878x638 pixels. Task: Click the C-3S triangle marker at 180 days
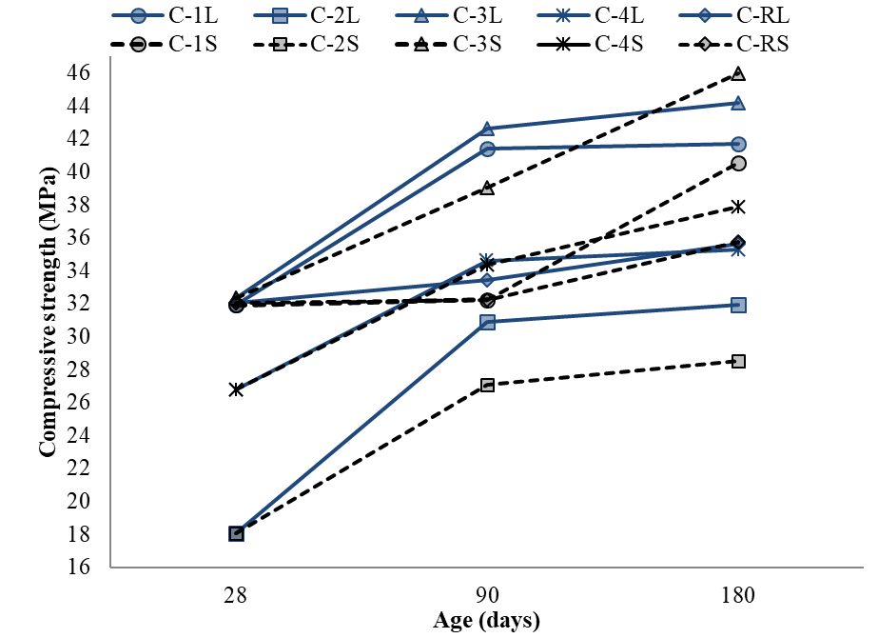(x=738, y=74)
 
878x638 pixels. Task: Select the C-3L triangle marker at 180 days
(x=738, y=103)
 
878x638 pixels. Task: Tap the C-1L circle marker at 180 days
(x=738, y=144)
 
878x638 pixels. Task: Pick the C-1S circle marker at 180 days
(x=738, y=164)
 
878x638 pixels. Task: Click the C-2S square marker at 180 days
(x=738, y=361)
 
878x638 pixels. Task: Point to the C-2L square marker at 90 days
(x=487, y=322)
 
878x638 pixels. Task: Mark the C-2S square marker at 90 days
(x=487, y=385)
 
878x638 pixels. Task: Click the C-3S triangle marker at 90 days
(x=487, y=188)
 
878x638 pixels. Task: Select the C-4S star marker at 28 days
(x=236, y=389)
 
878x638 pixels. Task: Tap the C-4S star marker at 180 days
(x=738, y=206)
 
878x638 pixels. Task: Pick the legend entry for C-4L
(x=594, y=15)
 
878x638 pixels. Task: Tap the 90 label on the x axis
(x=487, y=597)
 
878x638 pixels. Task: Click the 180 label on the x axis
(x=738, y=597)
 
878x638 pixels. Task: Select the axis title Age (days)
(x=487, y=622)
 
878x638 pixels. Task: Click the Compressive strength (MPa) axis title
(x=45, y=319)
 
